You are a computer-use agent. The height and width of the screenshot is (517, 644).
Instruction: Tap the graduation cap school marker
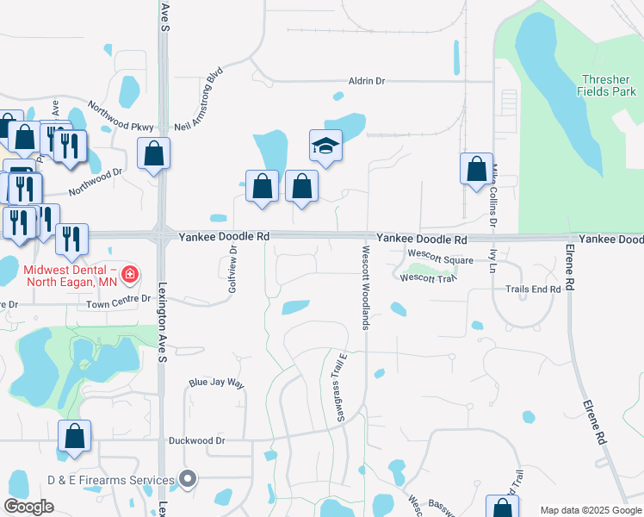[326, 146]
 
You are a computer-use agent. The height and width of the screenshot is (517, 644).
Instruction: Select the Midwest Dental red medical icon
[129, 276]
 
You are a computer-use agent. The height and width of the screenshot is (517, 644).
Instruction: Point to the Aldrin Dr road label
[366, 80]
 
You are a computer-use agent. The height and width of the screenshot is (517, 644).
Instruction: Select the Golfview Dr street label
[232, 269]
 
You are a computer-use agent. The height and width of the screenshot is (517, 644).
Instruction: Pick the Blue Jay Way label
[217, 383]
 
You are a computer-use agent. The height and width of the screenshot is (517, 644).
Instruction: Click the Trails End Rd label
[533, 290]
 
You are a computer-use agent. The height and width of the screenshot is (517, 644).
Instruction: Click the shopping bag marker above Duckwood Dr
[74, 436]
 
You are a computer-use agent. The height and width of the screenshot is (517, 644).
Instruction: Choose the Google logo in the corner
[28, 507]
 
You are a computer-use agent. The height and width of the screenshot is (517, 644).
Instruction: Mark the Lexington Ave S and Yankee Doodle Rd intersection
[162, 234]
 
